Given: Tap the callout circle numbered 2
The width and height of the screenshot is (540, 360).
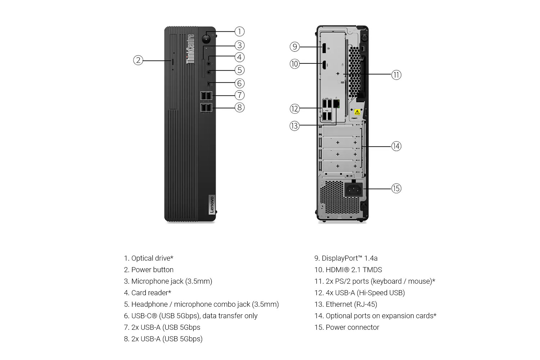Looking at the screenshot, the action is click(138, 60).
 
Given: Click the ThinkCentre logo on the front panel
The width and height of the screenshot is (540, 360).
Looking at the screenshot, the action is click(190, 49).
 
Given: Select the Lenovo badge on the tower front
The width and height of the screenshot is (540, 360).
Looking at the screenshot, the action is click(212, 204).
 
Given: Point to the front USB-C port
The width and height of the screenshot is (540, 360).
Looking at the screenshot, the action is click(209, 84).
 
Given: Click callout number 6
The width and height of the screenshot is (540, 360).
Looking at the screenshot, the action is click(239, 84).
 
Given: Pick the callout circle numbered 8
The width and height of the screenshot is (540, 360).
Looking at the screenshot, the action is click(239, 108).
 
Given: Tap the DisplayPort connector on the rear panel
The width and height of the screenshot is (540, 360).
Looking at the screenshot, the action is click(324, 48).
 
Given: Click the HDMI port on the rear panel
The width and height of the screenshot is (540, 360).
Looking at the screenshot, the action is click(324, 65).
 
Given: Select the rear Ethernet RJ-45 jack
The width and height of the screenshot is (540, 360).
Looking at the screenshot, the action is click(336, 103).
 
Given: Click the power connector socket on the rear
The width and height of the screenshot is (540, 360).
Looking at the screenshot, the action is click(354, 190).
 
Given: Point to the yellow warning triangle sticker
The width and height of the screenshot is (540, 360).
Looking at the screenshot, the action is click(357, 112).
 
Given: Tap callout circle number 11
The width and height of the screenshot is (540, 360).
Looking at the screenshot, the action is click(396, 75).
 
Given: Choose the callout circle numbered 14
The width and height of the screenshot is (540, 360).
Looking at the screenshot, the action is click(396, 146).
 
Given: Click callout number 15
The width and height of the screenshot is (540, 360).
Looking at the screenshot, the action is click(396, 188).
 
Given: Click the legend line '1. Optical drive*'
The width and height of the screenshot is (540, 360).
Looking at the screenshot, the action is click(148, 258).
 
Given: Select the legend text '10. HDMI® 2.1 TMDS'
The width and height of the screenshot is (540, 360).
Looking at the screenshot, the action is click(348, 270).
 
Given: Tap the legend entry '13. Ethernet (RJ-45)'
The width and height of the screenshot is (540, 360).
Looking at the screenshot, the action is click(346, 304).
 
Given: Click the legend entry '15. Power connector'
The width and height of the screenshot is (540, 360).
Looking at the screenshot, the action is click(347, 327).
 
